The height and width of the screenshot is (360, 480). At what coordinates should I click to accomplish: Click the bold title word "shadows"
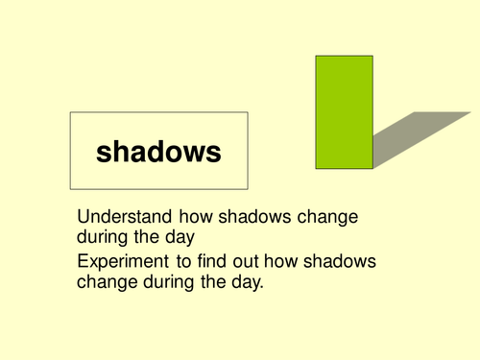[x=158, y=151]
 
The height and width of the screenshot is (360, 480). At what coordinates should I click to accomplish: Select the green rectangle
[x=344, y=111]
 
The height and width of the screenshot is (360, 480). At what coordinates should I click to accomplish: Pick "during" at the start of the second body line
[x=104, y=236]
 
